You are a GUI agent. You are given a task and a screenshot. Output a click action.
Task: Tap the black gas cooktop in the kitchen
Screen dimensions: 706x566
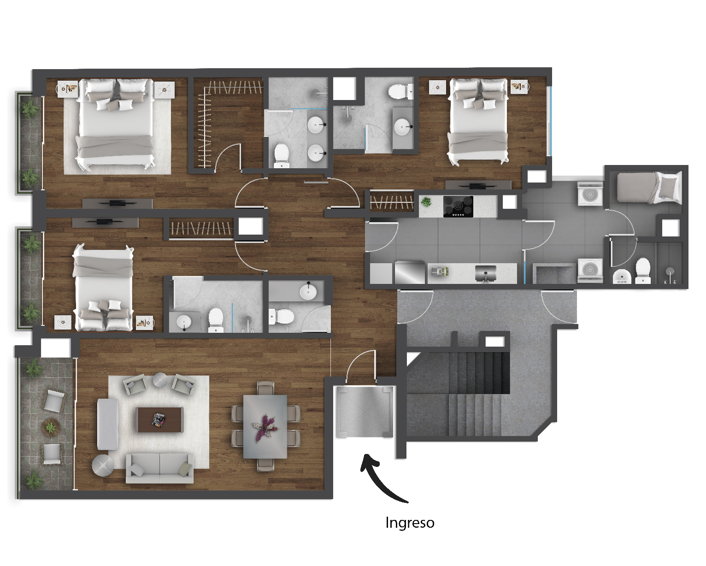(x=458, y=206)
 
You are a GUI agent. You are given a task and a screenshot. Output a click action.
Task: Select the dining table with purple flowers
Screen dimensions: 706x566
(x=265, y=426)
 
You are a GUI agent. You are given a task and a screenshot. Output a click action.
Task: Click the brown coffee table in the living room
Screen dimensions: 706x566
(x=159, y=419)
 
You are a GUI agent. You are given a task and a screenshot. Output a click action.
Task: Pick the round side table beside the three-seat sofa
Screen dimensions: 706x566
(x=103, y=465)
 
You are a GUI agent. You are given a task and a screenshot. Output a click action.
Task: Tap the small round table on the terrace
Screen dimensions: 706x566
(x=51, y=427)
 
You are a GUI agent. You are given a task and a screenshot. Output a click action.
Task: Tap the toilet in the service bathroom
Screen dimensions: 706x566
(x=643, y=271)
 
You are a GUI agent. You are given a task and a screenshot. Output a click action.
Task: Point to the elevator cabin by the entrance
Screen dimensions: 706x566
(x=365, y=412)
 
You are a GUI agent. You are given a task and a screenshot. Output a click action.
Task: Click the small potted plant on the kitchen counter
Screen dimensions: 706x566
(x=426, y=201)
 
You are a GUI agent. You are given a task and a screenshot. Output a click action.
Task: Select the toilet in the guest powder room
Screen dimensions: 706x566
(x=281, y=317)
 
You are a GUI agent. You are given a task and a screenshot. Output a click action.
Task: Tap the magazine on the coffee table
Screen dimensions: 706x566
(x=159, y=419)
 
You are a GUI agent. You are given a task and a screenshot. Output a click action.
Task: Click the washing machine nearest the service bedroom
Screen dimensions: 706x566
(x=590, y=194)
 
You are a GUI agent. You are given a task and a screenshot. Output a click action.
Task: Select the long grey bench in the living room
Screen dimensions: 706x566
(x=108, y=424)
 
